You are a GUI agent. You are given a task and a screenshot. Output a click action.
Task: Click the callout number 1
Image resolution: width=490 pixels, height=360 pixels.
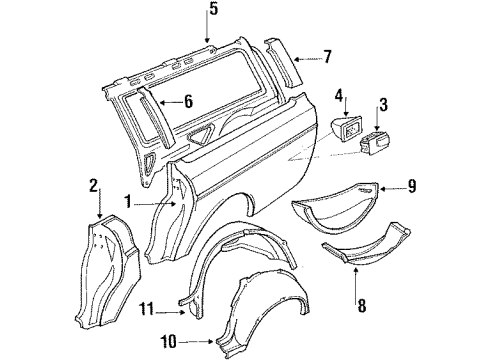click(x=127, y=201)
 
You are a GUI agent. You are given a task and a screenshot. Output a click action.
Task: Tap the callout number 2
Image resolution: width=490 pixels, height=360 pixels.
click(x=92, y=185)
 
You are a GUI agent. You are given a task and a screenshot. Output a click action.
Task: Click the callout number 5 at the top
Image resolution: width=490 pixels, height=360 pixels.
click(x=211, y=13)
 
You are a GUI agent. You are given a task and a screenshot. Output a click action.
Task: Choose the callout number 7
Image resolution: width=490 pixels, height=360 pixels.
click(x=326, y=56)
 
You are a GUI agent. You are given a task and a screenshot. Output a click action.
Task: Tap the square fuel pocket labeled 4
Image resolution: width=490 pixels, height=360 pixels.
click(x=346, y=128)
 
